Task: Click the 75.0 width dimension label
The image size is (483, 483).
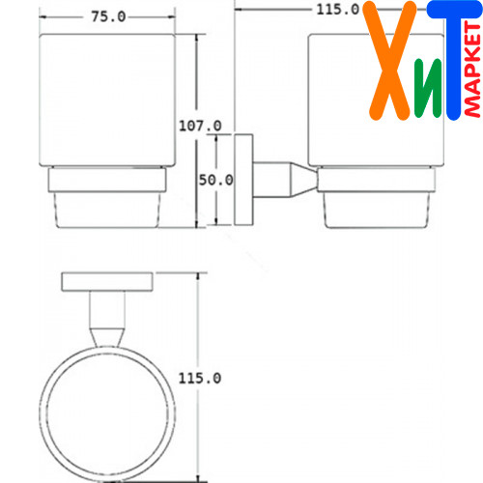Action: point(108,16)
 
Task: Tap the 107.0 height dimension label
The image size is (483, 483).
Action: point(200,126)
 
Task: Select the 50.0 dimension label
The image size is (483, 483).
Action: point(215,180)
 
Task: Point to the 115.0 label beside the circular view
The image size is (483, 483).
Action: point(200,378)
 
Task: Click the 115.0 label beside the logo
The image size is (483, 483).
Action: point(337,9)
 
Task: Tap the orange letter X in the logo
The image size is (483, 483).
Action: point(389,61)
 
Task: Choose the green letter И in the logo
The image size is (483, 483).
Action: point(428,88)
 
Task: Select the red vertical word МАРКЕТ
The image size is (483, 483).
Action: point(472,70)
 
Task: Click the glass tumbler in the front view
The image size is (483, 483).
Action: point(107,100)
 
